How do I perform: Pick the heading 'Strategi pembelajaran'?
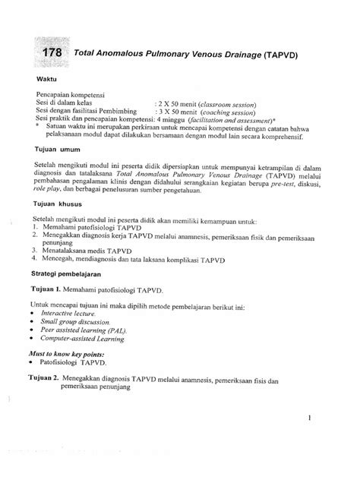pyautogui.click(x=71, y=272)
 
